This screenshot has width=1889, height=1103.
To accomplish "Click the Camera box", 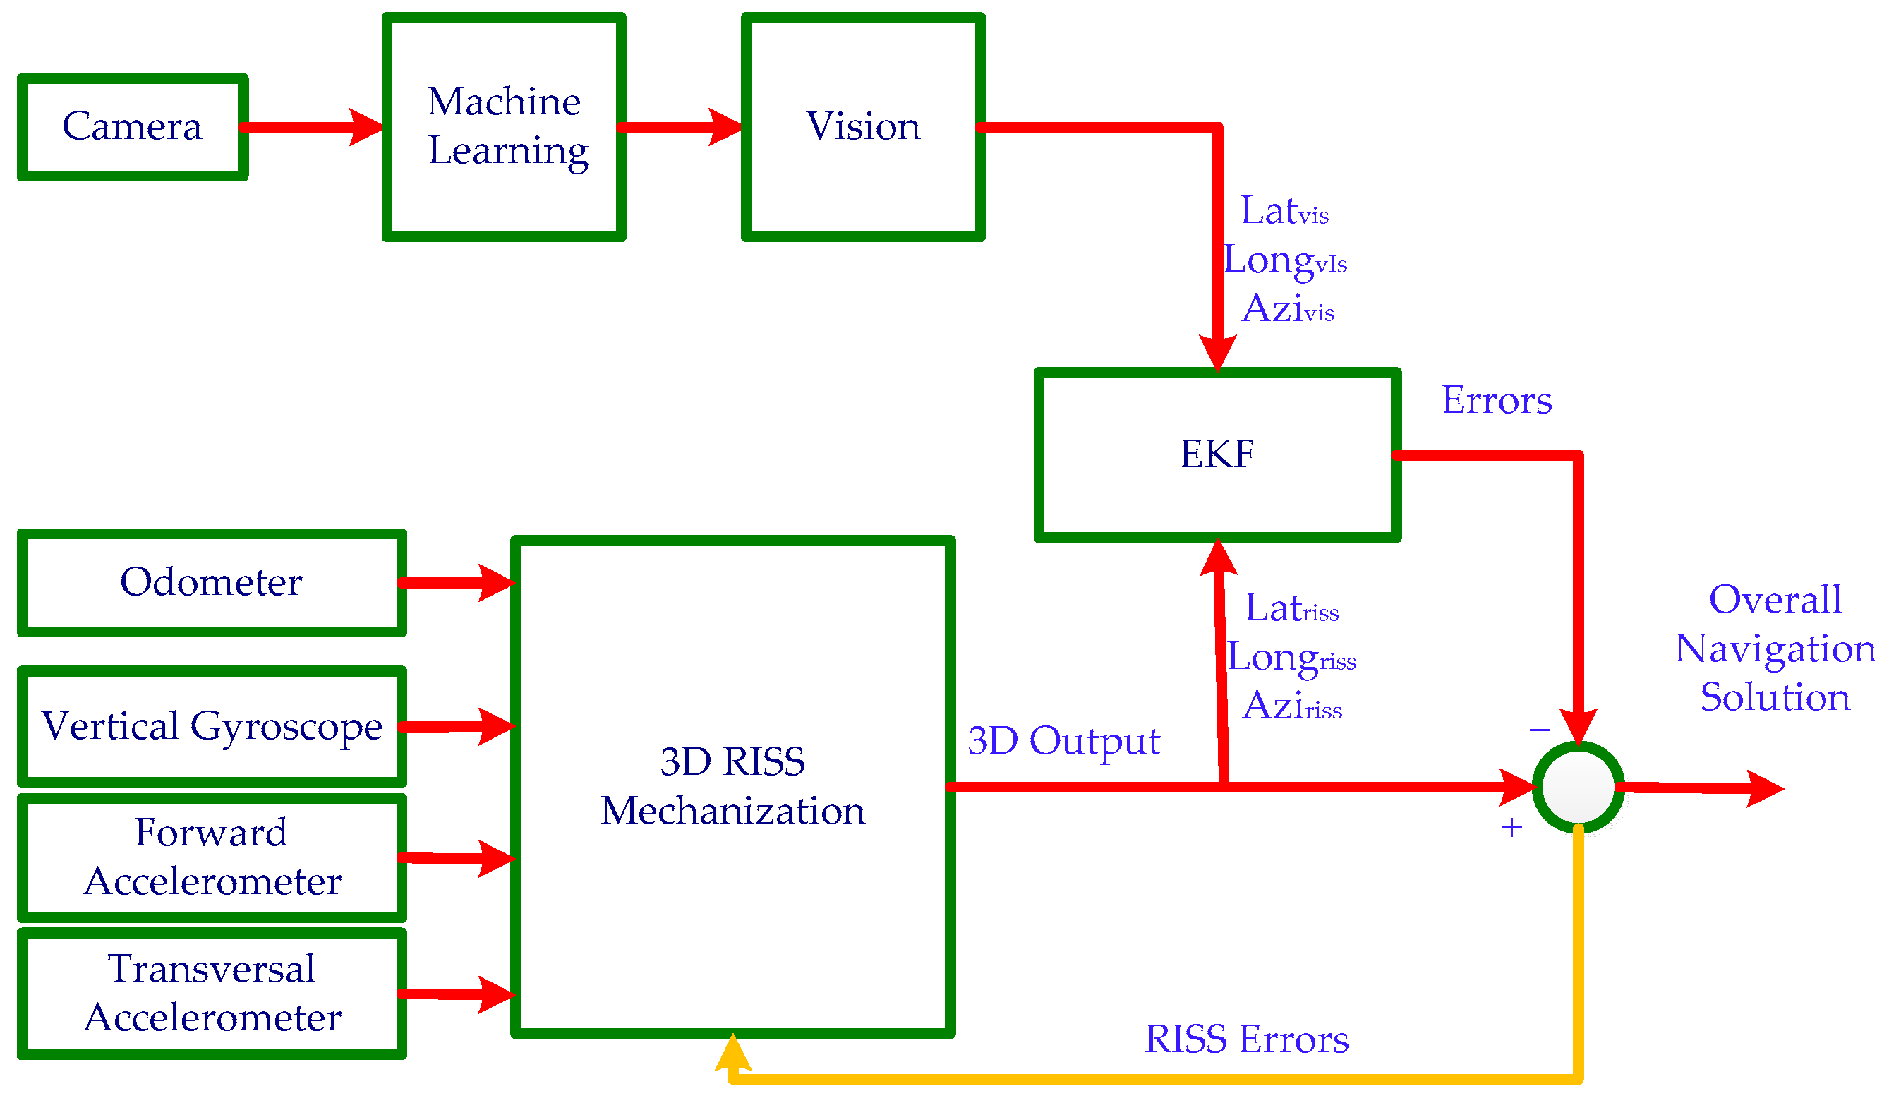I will (x=133, y=127).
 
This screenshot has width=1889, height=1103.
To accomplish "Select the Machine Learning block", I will (x=504, y=127).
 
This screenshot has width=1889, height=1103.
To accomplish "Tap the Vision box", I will (x=863, y=127).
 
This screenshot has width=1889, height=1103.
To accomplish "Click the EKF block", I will (x=1217, y=455).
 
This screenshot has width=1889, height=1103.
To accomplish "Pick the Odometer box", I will (x=212, y=584).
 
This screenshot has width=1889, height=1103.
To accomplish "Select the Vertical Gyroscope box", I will (x=212, y=727).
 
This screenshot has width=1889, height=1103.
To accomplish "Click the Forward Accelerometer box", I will (x=212, y=858).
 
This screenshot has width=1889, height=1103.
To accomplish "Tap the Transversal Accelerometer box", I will (x=212, y=994).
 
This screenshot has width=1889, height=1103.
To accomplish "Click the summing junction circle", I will (x=1578, y=788).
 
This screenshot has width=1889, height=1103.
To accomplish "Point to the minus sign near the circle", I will (x=1540, y=730).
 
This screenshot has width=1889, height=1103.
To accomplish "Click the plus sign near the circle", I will (x=1511, y=828).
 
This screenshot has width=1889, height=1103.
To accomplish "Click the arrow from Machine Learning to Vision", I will (x=679, y=128).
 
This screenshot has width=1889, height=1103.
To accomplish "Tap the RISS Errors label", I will (x=1247, y=1040).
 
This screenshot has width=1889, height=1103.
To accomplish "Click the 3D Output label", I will (x=1063, y=742).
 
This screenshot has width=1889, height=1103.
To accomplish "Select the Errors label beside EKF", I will (x=1496, y=400).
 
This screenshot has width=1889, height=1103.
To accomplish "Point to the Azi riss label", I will (x=1291, y=706).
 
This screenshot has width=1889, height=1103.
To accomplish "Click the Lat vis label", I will (x=1284, y=212).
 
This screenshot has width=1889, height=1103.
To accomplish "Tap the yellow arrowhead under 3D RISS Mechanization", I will (x=732, y=1054).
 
